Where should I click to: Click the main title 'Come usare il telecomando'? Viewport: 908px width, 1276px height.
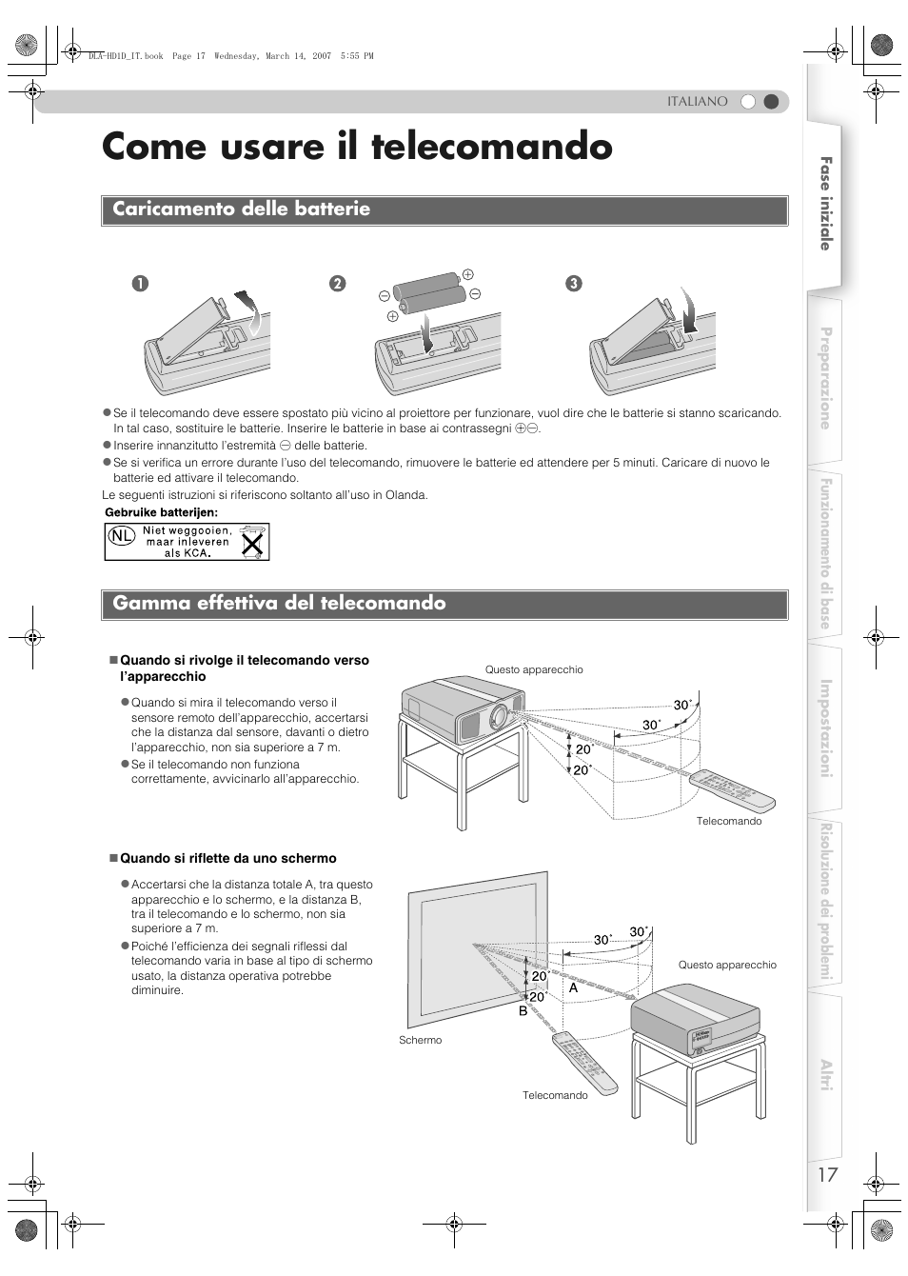click(x=357, y=148)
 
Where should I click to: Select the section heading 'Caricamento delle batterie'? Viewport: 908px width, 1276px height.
click(x=242, y=209)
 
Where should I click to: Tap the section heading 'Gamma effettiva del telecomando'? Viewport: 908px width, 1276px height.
click(x=279, y=604)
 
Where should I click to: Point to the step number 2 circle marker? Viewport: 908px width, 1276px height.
click(x=336, y=283)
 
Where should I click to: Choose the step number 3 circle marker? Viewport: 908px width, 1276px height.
click(x=573, y=283)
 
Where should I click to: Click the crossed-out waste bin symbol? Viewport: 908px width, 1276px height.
click(x=252, y=542)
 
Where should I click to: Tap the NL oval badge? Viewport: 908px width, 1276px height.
click(x=121, y=536)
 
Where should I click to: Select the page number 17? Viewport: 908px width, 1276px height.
click(x=827, y=1174)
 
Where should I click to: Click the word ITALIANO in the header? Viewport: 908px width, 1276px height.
click(x=697, y=101)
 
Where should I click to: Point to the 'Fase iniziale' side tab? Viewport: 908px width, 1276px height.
click(x=826, y=204)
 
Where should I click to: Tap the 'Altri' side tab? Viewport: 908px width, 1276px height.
click(x=826, y=1075)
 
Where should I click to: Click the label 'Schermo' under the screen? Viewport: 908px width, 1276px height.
click(x=420, y=1040)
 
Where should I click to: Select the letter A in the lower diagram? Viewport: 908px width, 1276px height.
click(x=574, y=988)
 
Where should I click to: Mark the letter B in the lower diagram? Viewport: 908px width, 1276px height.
click(x=523, y=1011)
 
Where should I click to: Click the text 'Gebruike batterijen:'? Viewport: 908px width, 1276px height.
click(x=161, y=512)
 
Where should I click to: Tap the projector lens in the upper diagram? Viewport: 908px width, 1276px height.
click(x=500, y=717)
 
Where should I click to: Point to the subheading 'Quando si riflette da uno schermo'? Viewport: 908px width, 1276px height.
click(x=227, y=859)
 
